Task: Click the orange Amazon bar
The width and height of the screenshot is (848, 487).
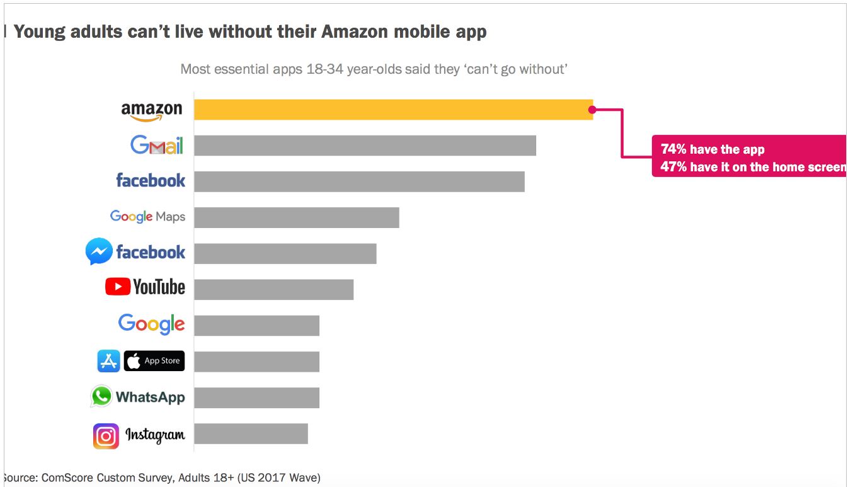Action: click(393, 110)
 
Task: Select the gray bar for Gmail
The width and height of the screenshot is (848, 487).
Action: click(365, 146)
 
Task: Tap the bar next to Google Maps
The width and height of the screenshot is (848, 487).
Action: click(296, 217)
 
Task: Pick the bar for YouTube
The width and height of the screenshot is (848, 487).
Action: click(273, 289)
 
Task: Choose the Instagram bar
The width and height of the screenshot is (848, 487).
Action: click(251, 433)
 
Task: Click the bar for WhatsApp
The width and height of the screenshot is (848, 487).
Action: click(256, 398)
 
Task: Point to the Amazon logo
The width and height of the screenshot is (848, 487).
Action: click(151, 111)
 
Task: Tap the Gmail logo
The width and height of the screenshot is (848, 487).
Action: click(157, 146)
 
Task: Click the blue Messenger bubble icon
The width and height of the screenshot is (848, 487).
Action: click(99, 252)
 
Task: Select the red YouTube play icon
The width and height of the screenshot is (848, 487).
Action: click(118, 287)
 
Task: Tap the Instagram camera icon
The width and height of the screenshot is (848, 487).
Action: click(106, 436)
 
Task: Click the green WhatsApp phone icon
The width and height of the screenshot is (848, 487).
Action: click(101, 396)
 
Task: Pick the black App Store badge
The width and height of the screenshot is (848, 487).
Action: click(154, 361)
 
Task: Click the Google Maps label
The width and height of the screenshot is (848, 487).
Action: click(147, 217)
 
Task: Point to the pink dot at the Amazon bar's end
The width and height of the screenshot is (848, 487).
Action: click(592, 110)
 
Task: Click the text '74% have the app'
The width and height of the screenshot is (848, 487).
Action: click(713, 149)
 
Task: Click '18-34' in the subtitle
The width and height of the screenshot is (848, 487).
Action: click(324, 69)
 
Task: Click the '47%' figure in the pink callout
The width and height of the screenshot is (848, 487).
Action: click(673, 167)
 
